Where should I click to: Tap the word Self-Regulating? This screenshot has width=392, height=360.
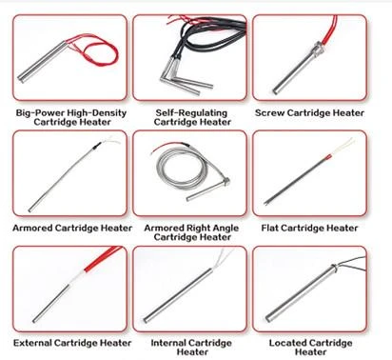pos(191,113)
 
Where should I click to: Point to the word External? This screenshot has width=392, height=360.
pos(32,343)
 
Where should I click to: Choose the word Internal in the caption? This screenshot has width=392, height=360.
pos(169,343)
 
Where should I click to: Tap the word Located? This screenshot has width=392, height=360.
pos(288,343)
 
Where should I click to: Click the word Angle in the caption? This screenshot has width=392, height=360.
pos(225,229)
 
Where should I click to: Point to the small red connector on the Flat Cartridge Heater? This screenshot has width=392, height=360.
pos(328,157)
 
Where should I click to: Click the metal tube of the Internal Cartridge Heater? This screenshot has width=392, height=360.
pos(178,295)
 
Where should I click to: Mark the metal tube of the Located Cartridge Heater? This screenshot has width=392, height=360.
pos(301,292)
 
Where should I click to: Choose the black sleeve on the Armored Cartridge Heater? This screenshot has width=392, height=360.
pos(96,146)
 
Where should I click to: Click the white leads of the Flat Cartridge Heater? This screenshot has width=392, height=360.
pos(343,146)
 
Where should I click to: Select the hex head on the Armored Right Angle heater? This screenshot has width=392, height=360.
pos(225,182)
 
